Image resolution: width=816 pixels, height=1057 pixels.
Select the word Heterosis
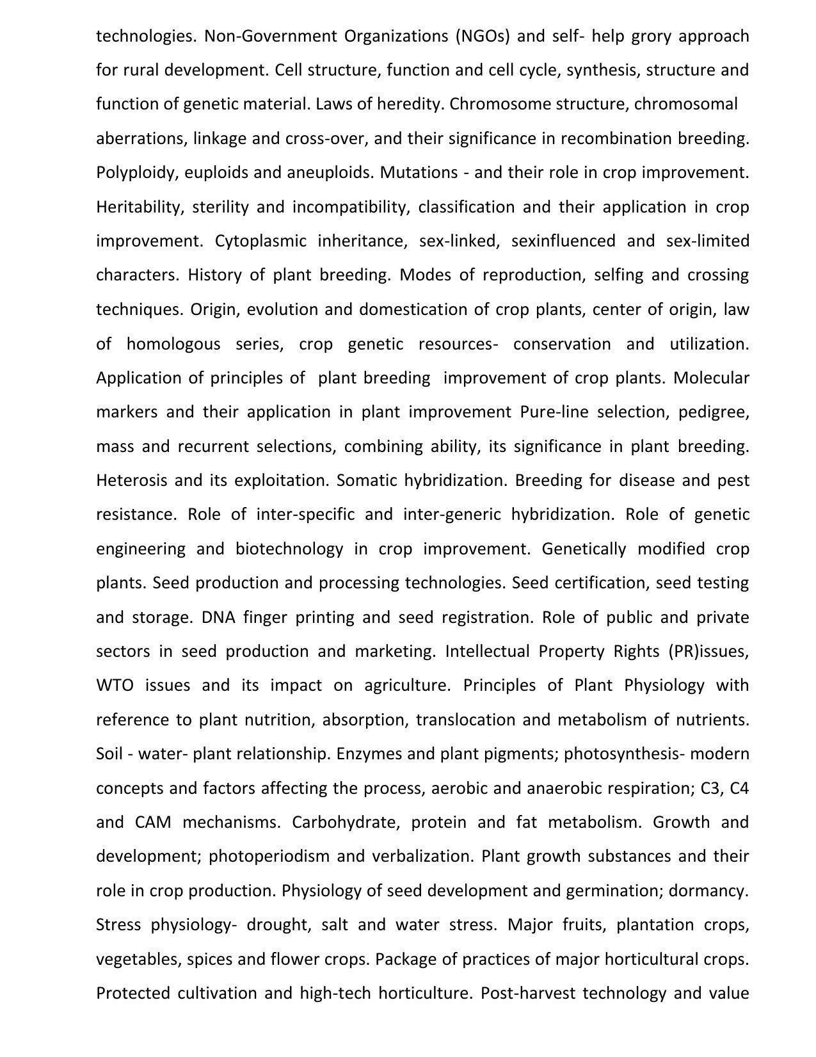pyautogui.click(x=131, y=480)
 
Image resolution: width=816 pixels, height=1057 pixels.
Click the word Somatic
pyautogui.click(x=367, y=480)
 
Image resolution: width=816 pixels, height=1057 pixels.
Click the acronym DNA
pyautogui.click(x=218, y=617)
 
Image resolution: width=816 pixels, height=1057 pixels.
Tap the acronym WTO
pyautogui.click(x=115, y=686)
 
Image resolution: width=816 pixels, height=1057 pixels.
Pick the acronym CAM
pyautogui.click(x=153, y=822)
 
